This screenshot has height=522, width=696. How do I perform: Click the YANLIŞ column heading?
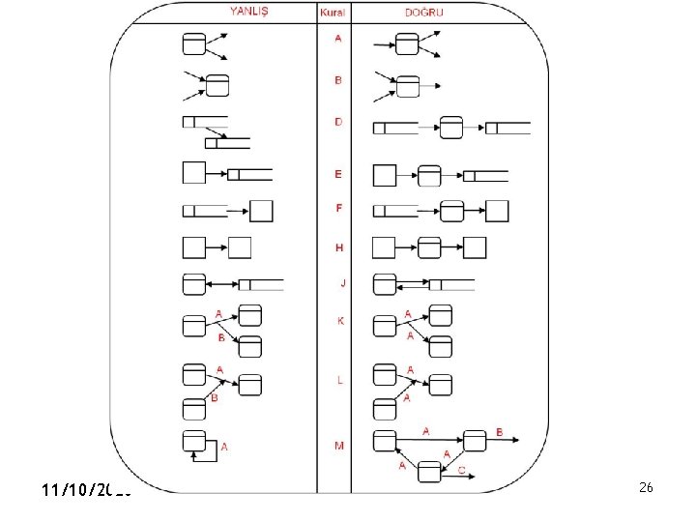point(249,13)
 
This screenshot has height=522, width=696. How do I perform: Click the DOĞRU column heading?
point(424,13)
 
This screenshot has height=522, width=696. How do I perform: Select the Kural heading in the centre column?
point(333,13)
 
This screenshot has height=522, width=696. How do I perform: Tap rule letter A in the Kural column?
point(337,39)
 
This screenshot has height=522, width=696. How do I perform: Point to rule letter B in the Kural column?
point(337,80)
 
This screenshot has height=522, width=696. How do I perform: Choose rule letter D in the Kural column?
point(338,122)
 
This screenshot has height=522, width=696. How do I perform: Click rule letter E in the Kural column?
point(338,174)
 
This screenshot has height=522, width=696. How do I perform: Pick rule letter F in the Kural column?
point(338,208)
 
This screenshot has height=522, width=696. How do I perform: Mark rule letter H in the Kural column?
point(338,247)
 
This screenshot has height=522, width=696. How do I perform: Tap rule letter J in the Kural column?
point(341,283)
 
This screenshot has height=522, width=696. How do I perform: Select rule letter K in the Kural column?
point(339,321)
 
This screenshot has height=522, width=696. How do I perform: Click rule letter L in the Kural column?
point(339,380)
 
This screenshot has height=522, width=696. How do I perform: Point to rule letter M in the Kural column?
point(339,446)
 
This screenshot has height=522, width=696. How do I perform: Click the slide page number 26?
point(646,488)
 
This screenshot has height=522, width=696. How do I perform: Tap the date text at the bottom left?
point(86,491)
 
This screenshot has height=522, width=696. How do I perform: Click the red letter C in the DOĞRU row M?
point(462,470)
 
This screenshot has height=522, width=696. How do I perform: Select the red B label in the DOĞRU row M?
point(500,431)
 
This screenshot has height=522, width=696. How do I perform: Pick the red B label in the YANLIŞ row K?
point(221,338)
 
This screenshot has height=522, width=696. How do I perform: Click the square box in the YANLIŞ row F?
point(261,211)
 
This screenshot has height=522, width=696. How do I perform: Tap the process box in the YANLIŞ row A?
point(194,43)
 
